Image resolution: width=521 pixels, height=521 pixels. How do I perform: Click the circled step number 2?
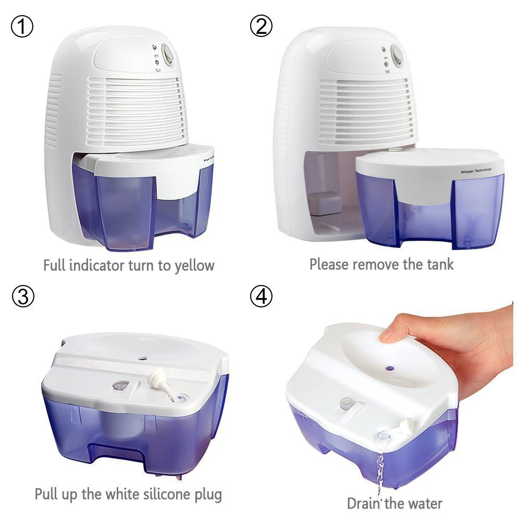[x=261, y=27]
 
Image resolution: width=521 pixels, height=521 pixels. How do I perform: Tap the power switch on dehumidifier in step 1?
[x=168, y=55]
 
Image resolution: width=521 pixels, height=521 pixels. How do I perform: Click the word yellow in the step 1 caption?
[x=193, y=265]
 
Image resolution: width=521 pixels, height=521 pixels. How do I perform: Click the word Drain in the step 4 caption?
[x=364, y=503]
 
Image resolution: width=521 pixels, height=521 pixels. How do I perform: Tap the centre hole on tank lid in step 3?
[x=142, y=358]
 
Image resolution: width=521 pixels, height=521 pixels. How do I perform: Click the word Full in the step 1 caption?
[x=54, y=265]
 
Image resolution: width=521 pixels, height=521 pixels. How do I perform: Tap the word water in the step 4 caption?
[x=422, y=503]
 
